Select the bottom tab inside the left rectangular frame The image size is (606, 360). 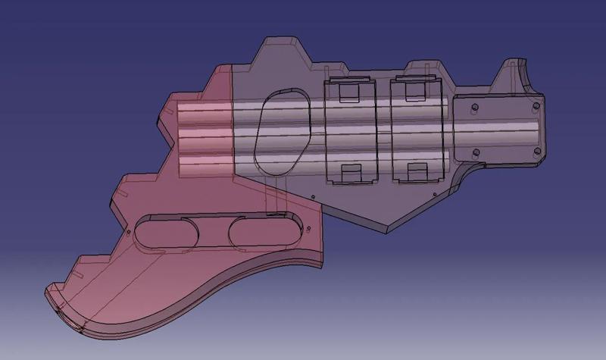pyautogui.click(x=349, y=174)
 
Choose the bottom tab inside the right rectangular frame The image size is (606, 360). pyautogui.click(x=416, y=174)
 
